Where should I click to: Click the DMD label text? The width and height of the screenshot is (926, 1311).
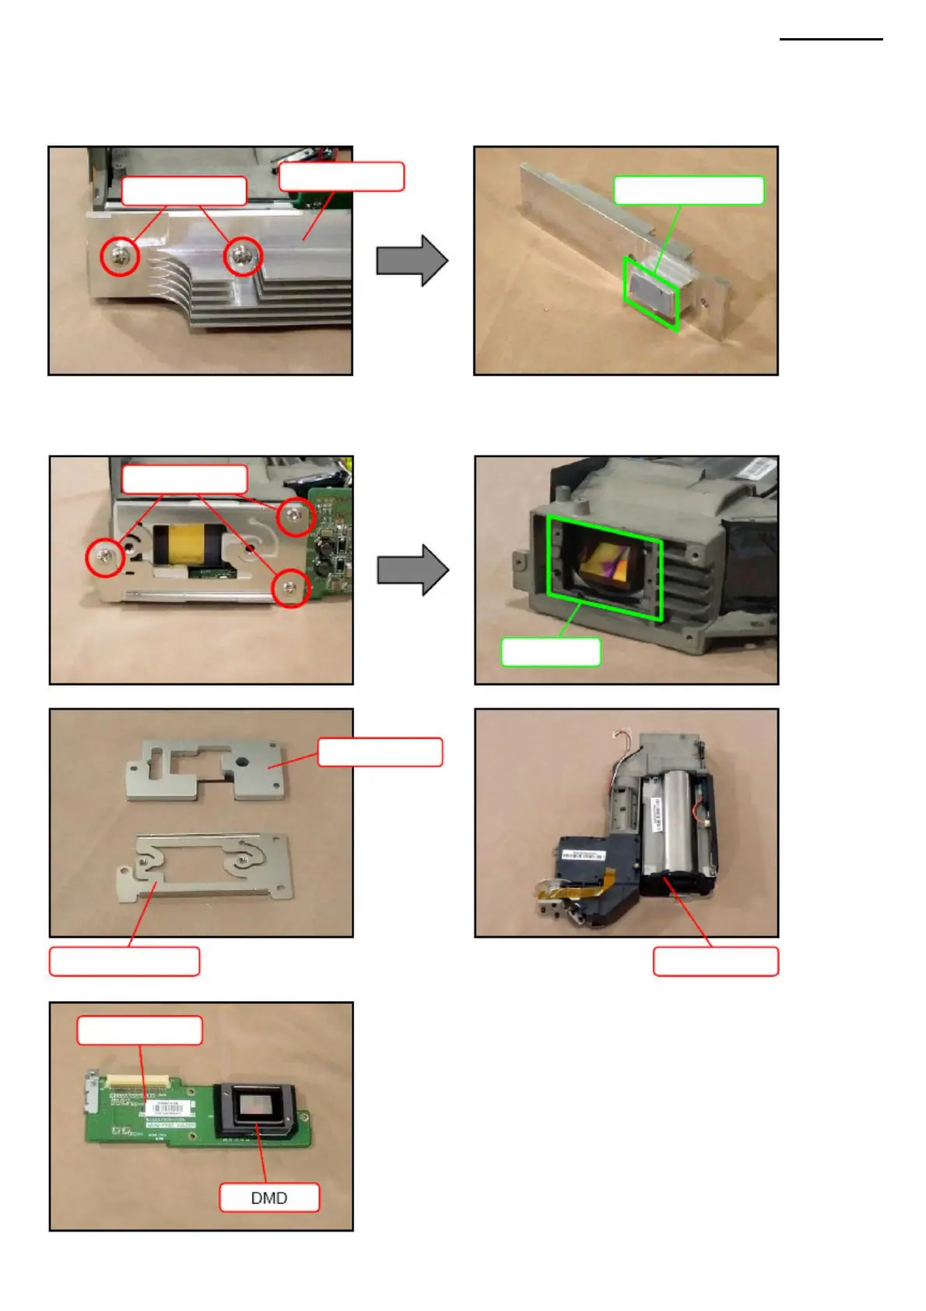click(268, 1197)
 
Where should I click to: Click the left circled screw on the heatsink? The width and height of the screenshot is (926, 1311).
click(120, 255)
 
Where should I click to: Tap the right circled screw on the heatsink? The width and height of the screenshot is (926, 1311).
click(243, 256)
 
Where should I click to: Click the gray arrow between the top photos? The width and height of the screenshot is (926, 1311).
click(412, 260)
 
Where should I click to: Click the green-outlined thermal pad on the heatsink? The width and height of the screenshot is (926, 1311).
click(651, 295)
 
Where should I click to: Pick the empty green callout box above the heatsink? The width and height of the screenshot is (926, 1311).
click(689, 190)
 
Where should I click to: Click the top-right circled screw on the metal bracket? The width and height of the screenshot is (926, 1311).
click(295, 515)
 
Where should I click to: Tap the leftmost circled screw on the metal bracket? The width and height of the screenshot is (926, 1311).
click(105, 556)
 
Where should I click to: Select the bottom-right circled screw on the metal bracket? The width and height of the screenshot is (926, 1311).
click(290, 588)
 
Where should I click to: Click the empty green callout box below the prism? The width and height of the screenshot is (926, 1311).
click(550, 652)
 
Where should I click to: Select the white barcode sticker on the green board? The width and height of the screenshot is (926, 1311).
click(169, 1109)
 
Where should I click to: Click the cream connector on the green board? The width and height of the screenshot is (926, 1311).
click(139, 1081)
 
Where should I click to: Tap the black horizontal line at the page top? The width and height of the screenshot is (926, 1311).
click(830, 39)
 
